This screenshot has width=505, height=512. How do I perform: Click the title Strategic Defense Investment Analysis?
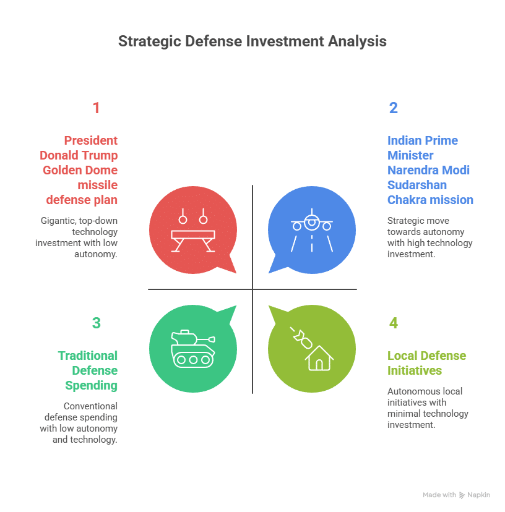pos(252,41)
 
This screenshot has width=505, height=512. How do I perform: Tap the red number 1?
pos(96,108)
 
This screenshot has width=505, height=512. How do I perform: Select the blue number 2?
pos(393,108)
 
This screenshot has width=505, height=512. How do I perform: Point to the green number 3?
pos(96,323)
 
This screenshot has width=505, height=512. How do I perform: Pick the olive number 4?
pos(394,323)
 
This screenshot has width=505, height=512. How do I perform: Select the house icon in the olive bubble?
pos(319,357)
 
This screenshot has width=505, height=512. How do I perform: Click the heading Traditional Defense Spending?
pos(88,370)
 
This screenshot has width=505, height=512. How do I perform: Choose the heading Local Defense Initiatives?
pos(426,363)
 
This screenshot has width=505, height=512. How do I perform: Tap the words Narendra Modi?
pos(428,170)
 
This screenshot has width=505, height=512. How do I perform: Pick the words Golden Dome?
pos(79,170)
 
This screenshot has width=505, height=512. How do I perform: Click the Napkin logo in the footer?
pos(462,495)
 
